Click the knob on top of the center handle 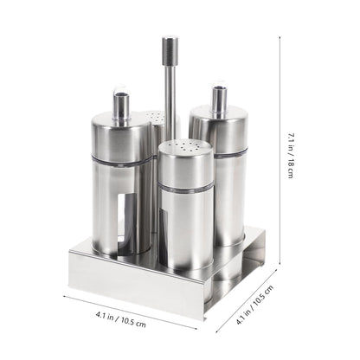coord(170,51)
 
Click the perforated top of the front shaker coord(186,146)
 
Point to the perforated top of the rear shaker coord(154,117)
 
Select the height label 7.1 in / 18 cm coord(291,155)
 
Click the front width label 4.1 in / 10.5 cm coord(121,318)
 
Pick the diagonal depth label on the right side coord(254,305)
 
